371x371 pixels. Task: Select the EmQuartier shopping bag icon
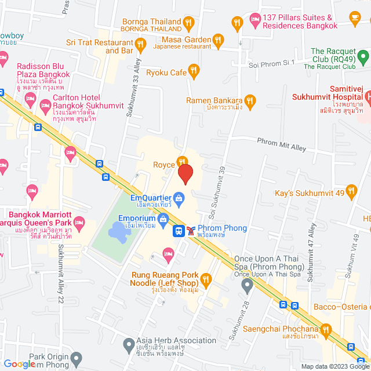tap(179, 200)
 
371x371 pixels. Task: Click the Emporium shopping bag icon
tap(163, 219)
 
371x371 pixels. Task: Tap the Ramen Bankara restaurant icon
tap(250, 101)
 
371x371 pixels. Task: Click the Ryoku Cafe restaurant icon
tap(194, 71)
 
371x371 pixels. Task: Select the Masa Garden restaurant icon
tap(218, 39)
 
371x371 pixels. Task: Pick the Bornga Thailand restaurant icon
tap(188, 23)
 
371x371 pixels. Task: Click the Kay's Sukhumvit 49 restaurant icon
tap(353, 191)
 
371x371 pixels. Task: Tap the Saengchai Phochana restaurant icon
tap(325, 332)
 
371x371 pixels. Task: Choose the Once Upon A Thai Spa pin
tap(247, 285)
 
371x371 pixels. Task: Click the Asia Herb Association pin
tap(128, 346)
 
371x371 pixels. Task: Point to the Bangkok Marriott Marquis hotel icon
tap(80, 222)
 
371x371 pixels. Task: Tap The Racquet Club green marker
tap(363, 56)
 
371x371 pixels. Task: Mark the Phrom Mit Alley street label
tap(281, 144)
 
